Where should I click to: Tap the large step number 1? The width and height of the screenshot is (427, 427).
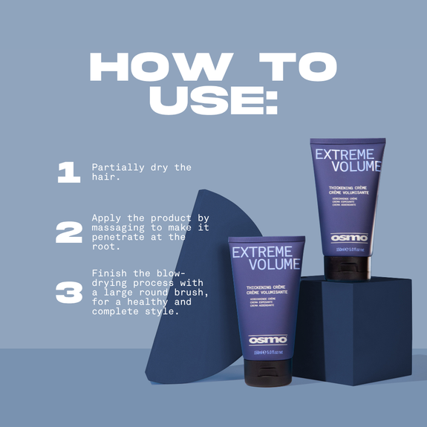pyautogui.click(x=68, y=172)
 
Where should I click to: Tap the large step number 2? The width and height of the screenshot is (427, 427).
pyautogui.click(x=68, y=232)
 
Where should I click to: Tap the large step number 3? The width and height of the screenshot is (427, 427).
pyautogui.click(x=68, y=292)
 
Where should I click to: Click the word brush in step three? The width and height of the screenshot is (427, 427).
pyautogui.click(x=187, y=293)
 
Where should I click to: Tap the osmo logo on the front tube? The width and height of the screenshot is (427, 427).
pyautogui.click(x=267, y=339)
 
